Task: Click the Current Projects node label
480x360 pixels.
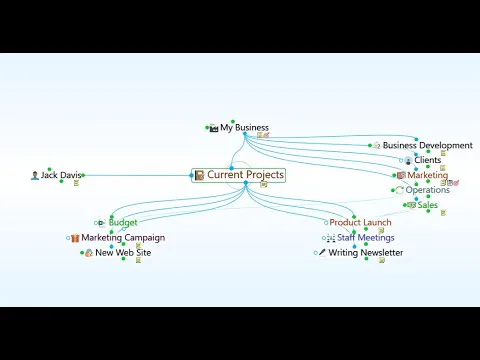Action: pyautogui.click(x=246, y=175)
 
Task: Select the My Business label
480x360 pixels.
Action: pyautogui.click(x=244, y=128)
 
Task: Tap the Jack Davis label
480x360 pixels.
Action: pyautogui.click(x=61, y=175)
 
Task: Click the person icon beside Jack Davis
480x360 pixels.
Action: pyautogui.click(x=35, y=175)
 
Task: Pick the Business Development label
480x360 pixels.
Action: pyautogui.click(x=428, y=145)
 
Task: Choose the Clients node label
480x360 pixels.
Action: pyautogui.click(x=428, y=160)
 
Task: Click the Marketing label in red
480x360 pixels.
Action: pyautogui.click(x=428, y=175)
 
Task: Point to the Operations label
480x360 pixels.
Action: pyautogui.click(x=428, y=190)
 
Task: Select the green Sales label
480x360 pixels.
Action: pyautogui.click(x=428, y=205)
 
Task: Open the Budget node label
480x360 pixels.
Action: pyautogui.click(x=123, y=222)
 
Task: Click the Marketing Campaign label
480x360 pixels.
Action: pyautogui.click(x=123, y=238)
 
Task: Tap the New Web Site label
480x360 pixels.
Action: pyautogui.click(x=123, y=253)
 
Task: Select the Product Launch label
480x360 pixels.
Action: pyautogui.click(x=360, y=222)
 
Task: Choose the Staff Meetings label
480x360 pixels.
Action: pyautogui.click(x=366, y=238)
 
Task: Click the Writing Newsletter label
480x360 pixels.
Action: pyautogui.click(x=366, y=253)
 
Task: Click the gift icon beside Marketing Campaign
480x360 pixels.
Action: pyautogui.click(x=75, y=238)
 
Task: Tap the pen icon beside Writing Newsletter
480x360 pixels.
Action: pyautogui.click(x=322, y=252)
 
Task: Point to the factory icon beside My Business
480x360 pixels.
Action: pyautogui.click(x=214, y=128)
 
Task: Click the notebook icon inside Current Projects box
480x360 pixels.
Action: pyautogui.click(x=199, y=175)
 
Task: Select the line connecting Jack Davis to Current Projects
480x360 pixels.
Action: pyautogui.click(x=137, y=175)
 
